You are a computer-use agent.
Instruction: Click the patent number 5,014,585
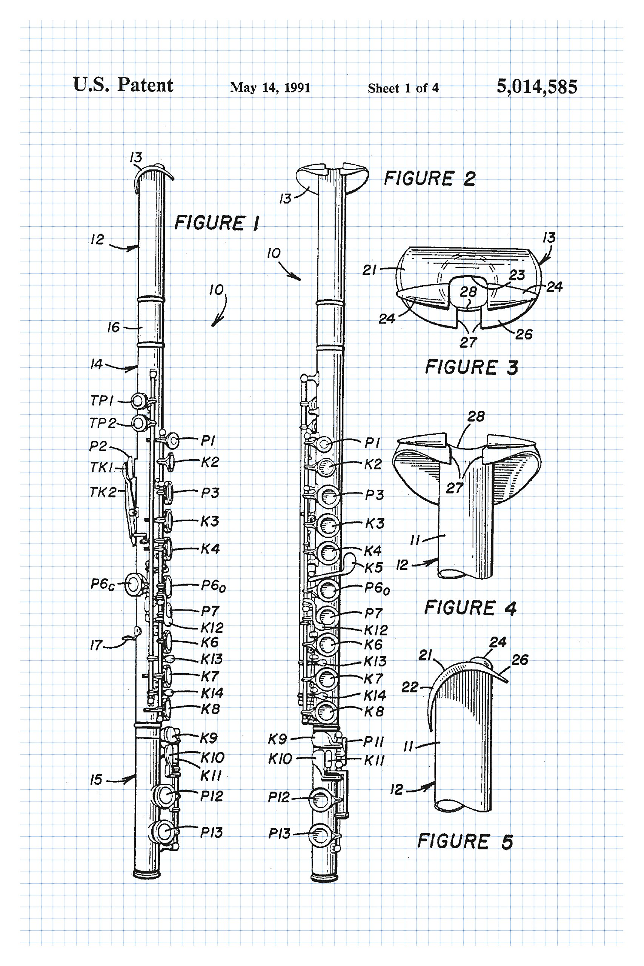point(536,87)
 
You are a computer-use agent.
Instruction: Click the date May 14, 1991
point(270,88)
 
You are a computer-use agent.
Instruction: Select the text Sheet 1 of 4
point(403,88)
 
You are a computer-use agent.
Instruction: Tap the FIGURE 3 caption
point(471,367)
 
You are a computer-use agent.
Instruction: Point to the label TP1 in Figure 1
point(101,400)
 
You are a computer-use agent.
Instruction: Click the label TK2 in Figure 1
point(103,492)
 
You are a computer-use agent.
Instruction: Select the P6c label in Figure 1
point(102,584)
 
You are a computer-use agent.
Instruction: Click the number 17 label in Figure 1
point(96,645)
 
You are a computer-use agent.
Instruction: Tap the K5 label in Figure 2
point(373,568)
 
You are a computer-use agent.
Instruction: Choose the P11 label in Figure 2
point(373,742)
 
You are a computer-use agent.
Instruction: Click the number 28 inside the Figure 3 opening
point(468,292)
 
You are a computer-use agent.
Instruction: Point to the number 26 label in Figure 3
point(524,334)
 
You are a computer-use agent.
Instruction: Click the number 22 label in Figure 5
point(409,687)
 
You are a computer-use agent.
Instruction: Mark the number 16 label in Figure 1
point(113,327)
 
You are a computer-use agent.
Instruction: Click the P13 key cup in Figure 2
point(321,835)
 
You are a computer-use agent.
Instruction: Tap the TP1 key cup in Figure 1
point(139,401)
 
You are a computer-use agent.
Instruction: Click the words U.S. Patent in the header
point(123,85)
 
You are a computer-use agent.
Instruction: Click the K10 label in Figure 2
point(280,758)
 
